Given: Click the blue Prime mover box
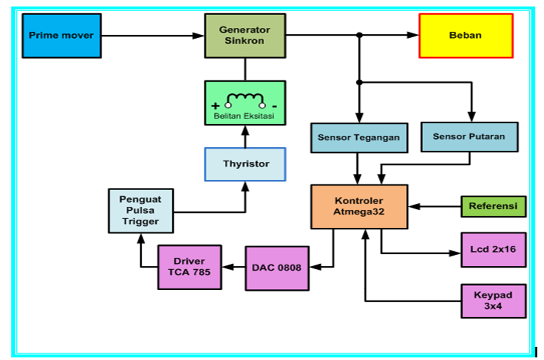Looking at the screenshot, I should coord(61,36).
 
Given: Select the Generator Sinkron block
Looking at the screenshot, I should coord(245,36).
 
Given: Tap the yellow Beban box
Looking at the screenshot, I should coord(466,36).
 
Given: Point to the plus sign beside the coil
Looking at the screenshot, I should coord(216,106).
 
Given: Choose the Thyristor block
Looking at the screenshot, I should coord(245,164).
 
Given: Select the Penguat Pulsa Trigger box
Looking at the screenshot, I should coord(141,211).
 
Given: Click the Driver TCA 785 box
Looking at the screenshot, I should coord(189,267).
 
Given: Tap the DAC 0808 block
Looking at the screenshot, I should coord(277,268).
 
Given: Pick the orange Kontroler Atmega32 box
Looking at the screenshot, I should coord(359,207).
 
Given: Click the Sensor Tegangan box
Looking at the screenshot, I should coord(359,137).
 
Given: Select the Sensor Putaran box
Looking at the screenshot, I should coord(469,136).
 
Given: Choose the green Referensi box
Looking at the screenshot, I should coord(493,207).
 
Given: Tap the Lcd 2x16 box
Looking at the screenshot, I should coord(494,250).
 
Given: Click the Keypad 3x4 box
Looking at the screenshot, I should coord(494,301).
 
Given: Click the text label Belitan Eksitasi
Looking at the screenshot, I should coord(245,117).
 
